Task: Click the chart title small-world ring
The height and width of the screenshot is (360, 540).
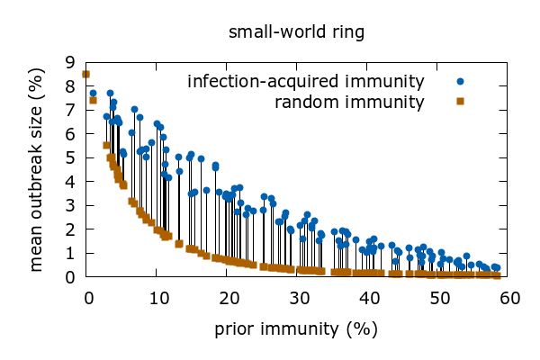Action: [x=296, y=33]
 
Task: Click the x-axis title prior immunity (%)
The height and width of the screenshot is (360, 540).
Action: [x=296, y=328]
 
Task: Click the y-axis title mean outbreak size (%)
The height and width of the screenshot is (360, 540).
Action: [x=37, y=169]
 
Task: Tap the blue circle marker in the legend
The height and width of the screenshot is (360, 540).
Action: [x=460, y=82]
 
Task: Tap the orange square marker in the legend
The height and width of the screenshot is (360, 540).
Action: [x=460, y=101]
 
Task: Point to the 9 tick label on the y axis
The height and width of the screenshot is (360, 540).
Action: [x=69, y=62]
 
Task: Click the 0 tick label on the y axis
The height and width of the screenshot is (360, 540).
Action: [x=69, y=277]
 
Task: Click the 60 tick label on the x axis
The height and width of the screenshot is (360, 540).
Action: [x=510, y=297]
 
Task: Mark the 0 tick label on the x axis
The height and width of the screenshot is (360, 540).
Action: [x=86, y=297]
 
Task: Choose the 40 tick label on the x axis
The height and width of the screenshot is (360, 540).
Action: [x=369, y=297]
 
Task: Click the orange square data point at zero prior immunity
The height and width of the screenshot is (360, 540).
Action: [x=86, y=75]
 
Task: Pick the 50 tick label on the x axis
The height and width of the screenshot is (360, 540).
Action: [x=440, y=297]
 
